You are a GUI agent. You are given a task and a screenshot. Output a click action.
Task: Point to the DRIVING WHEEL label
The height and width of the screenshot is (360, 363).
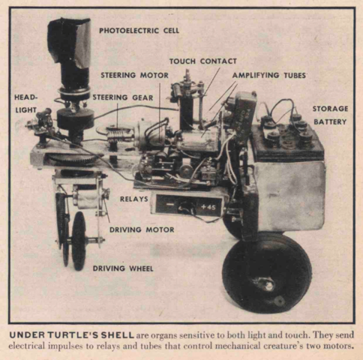[x=121, y=267]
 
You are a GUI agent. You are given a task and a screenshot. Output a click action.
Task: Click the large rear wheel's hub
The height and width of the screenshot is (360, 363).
[x=265, y=283]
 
